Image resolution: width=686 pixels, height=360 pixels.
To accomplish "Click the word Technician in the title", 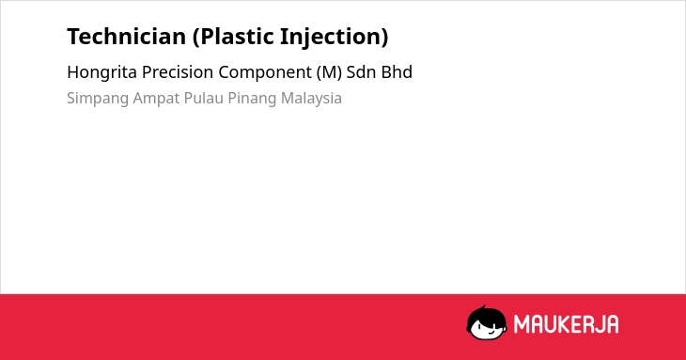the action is pos(127,37).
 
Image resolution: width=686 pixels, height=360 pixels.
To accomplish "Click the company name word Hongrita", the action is pos(101,72).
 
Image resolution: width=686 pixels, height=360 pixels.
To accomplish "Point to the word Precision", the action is pos(178,72).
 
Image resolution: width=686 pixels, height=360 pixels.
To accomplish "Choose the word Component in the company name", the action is pos(265,72).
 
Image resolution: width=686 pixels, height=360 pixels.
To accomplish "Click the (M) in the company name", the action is pos(329,72).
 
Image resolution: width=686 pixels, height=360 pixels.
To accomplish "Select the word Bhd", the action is pos(397,72).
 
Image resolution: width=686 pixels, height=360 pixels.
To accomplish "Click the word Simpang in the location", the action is pos(98,99).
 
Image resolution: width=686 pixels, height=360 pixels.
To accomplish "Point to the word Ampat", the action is pos(156,99).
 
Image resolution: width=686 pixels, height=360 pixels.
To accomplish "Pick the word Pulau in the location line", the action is pos(203,98).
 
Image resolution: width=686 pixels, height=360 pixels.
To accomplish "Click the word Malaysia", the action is pos(311,99).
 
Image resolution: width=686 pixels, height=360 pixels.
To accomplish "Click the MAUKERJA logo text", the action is pos(566,324).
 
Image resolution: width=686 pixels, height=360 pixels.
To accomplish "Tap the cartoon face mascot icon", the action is pos(487,322).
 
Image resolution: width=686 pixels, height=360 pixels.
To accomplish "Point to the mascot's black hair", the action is pos(486,315).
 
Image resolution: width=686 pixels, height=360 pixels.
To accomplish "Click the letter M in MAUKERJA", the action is pos(521,324).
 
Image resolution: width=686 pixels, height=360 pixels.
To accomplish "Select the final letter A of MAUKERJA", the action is pos(612,324).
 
